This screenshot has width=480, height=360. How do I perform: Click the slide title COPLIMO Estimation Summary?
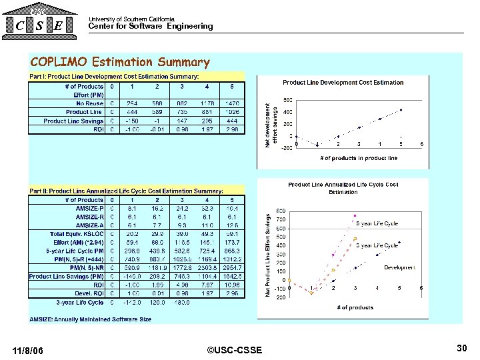tap(120, 63)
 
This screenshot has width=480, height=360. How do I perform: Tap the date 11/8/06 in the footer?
tap(28, 351)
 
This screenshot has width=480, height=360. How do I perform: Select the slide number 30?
tap(461, 348)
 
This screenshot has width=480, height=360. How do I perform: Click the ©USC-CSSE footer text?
tap(235, 351)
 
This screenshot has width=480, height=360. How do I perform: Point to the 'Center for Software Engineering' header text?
tap(151, 27)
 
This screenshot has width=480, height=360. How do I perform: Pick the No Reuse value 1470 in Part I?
tap(231, 103)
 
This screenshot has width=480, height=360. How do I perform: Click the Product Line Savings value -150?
tap(131, 121)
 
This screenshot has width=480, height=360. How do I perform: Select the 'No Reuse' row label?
tap(89, 103)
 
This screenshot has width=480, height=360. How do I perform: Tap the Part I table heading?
tap(114, 77)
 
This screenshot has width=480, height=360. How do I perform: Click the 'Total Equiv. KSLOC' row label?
tap(77, 234)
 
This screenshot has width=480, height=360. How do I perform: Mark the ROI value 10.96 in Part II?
tap(231, 285)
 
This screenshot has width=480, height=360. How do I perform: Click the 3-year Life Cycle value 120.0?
tap(157, 303)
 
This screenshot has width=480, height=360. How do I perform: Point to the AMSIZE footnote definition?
tap(90, 319)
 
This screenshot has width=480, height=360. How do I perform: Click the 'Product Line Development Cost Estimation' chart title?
tap(343, 83)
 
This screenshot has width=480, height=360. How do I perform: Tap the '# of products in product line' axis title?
tap(359, 158)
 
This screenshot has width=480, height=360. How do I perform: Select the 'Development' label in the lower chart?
tap(400, 267)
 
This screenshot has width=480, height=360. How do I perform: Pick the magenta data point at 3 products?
tap(355, 215)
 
